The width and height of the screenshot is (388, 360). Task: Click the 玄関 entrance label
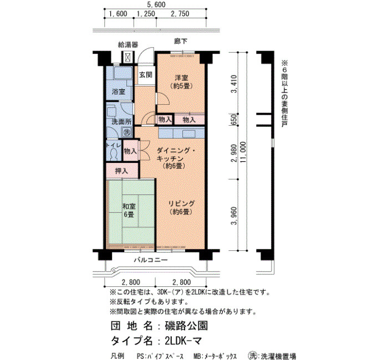[x=145, y=75]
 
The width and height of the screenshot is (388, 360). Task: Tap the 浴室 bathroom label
[x=118, y=91]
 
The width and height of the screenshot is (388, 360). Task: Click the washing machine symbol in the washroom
[x=127, y=132]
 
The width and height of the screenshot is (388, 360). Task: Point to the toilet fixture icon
[x=114, y=155]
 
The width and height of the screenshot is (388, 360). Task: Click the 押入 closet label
[x=121, y=171]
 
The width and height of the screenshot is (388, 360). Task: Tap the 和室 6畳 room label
[x=129, y=210]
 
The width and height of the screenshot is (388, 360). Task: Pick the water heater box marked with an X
[x=127, y=58]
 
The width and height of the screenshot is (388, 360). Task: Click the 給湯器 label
[x=128, y=45]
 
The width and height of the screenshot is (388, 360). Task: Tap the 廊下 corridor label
[x=180, y=41]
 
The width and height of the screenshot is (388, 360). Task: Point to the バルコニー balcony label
[x=151, y=260]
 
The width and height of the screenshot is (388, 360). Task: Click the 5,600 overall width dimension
[x=156, y=4]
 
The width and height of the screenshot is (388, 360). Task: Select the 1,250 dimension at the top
[x=146, y=14]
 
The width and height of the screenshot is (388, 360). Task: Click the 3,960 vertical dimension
[x=233, y=215]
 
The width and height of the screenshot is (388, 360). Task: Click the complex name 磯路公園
[x=186, y=326]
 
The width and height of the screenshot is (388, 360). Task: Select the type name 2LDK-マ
[x=183, y=341]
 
